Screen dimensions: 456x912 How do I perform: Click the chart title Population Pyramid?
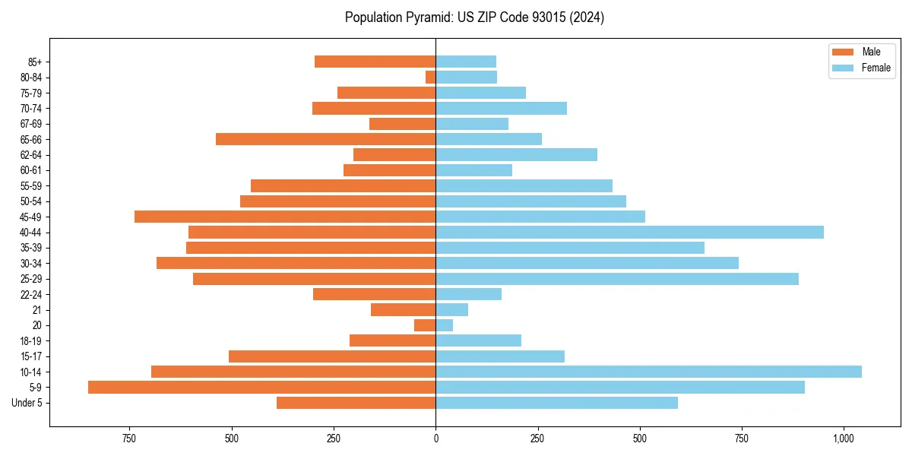click(x=474, y=17)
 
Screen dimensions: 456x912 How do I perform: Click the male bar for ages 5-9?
click(x=261, y=387)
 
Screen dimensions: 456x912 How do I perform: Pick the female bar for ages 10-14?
click(x=648, y=372)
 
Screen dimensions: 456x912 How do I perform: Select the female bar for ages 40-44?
click(x=629, y=232)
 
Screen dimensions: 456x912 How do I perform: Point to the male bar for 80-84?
click(x=431, y=77)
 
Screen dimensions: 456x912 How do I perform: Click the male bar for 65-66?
click(x=325, y=139)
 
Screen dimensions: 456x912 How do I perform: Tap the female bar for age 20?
click(x=444, y=325)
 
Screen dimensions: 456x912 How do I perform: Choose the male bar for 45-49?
click(x=285, y=217)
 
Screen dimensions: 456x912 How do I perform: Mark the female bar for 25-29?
click(x=617, y=279)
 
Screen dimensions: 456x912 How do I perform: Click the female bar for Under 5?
click(x=556, y=403)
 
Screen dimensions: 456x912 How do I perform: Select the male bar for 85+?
click(x=375, y=62)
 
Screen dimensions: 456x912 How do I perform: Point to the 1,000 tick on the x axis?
click(x=844, y=439)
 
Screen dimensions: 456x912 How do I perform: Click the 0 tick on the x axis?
click(x=435, y=439)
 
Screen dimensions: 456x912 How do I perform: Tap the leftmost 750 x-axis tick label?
click(x=129, y=439)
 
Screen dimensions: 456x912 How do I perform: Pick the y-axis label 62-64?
click(x=31, y=155)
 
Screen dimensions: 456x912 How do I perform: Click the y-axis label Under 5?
click(x=27, y=403)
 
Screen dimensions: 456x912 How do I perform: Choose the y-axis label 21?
click(x=37, y=310)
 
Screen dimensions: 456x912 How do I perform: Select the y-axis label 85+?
click(x=35, y=62)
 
